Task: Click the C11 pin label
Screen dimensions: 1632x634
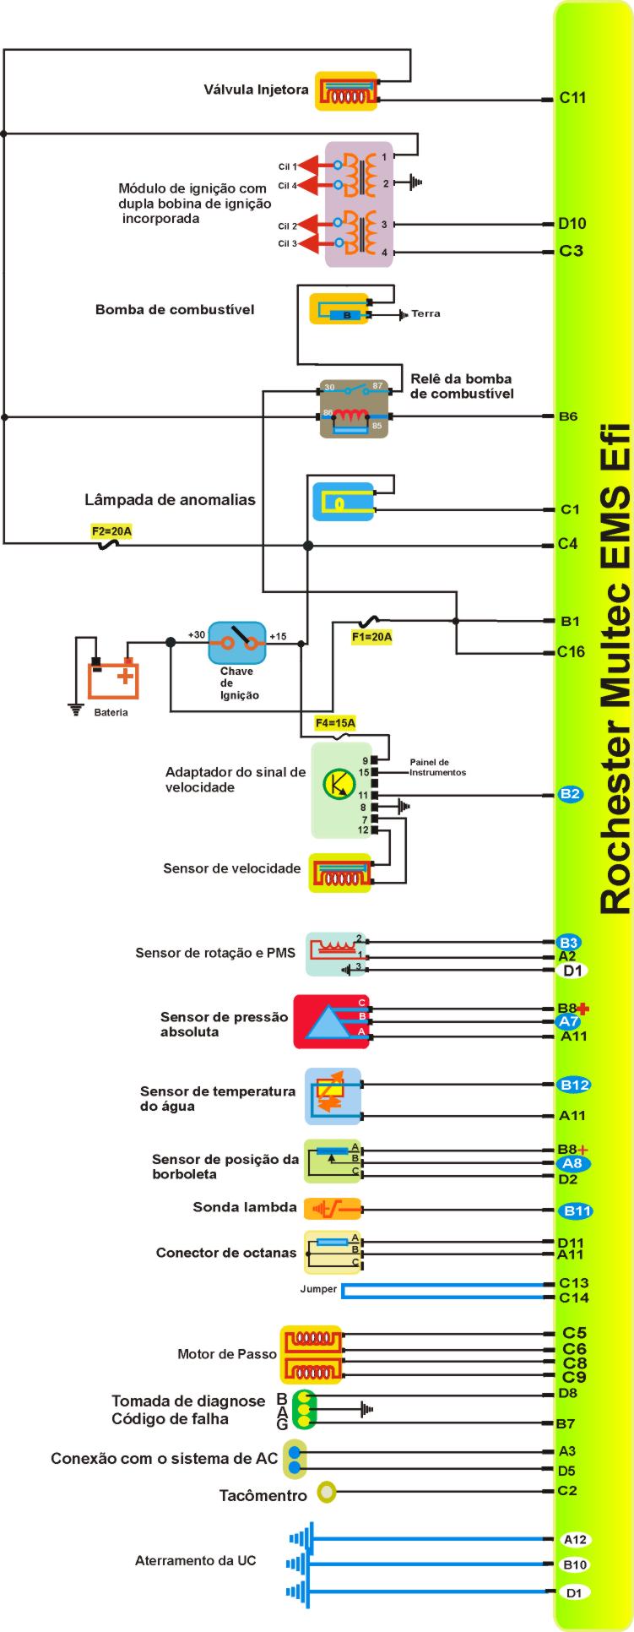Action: [572, 98]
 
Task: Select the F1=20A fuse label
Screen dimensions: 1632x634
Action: [371, 637]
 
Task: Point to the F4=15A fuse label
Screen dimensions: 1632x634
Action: [335, 723]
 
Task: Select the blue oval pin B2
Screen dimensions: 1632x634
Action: [571, 794]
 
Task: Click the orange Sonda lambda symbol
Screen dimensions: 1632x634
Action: [332, 1209]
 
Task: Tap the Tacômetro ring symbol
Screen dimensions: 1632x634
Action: [327, 1493]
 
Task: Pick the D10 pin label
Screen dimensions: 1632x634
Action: [572, 224]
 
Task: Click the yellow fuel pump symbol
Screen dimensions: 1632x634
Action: [340, 308]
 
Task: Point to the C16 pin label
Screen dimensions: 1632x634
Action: [571, 651]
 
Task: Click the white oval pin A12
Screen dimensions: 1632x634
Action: [575, 1539]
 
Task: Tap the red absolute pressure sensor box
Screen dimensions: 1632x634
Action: [331, 1021]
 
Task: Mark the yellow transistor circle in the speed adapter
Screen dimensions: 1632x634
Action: [339, 783]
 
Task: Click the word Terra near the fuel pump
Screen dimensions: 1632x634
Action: [425, 313]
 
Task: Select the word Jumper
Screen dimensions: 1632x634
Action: [318, 1289]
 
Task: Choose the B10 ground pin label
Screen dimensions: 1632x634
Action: [575, 1564]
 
